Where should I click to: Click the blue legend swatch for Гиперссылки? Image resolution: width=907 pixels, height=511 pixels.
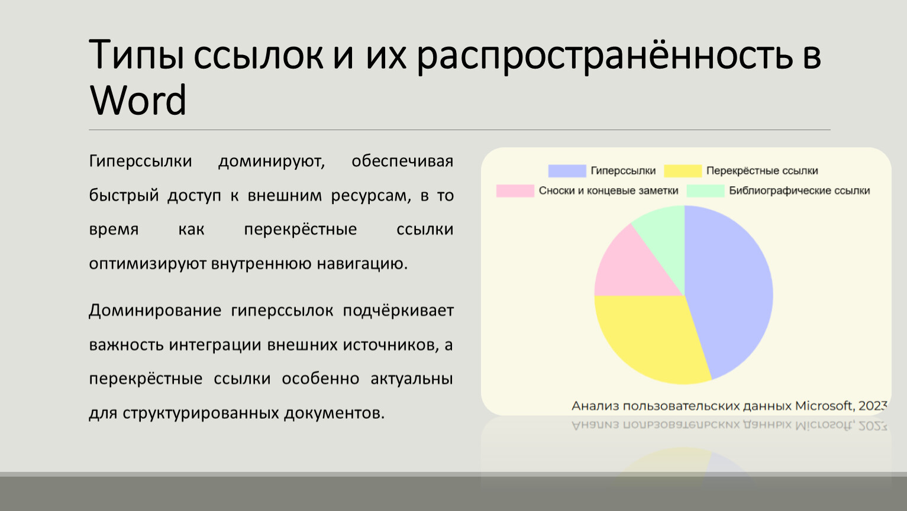[x=567, y=171]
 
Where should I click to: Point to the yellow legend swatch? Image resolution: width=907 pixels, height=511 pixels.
[x=683, y=171]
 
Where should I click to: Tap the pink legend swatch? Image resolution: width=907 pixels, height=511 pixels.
[x=515, y=190]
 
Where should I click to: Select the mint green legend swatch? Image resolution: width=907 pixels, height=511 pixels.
[x=705, y=190]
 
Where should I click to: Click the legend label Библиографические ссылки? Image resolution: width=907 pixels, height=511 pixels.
[x=799, y=190]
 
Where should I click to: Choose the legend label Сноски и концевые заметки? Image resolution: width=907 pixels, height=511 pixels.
[x=608, y=190]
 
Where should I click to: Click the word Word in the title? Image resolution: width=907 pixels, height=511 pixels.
[x=138, y=99]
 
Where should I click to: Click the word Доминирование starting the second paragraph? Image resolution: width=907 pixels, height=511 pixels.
[x=155, y=311]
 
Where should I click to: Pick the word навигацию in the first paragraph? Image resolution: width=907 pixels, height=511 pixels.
[x=362, y=264]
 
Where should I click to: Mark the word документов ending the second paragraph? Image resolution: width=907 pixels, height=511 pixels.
[x=334, y=413]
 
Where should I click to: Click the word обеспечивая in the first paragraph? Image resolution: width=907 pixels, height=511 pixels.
[x=402, y=161]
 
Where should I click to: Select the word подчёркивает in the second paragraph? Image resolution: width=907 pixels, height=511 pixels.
[x=398, y=311]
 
